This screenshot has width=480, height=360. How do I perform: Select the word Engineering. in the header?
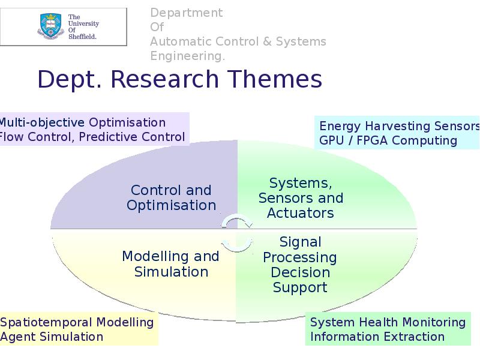pos(187,56)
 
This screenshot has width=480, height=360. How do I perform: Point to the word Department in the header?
pos(186,13)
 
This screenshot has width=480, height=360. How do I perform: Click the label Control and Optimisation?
pos(171,198)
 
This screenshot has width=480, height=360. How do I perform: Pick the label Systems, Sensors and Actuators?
pos(300,198)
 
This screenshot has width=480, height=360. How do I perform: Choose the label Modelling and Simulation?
pos(171,264)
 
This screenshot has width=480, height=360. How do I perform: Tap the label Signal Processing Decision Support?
pos(300,265)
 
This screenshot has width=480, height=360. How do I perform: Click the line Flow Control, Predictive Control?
pos(91,137)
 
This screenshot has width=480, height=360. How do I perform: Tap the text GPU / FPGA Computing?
pos(388,140)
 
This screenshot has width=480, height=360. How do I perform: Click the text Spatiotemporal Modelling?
pos(77,322)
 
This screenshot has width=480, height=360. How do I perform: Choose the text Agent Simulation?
pos(52,337)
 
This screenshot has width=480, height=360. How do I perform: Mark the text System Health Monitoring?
pos(388,322)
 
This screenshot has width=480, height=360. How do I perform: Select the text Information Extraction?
pos(377,337)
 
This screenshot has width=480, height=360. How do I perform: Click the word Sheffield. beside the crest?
pos(83,36)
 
